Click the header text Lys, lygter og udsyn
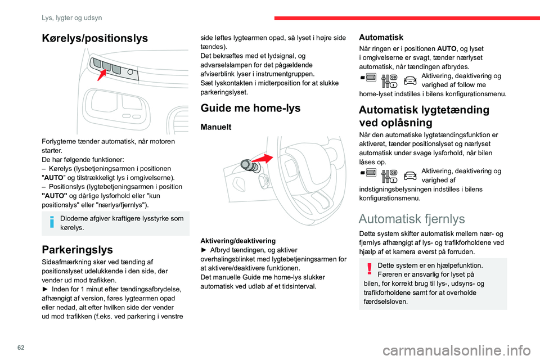click(x=71, y=17)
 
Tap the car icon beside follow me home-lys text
click(x=410, y=80)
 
